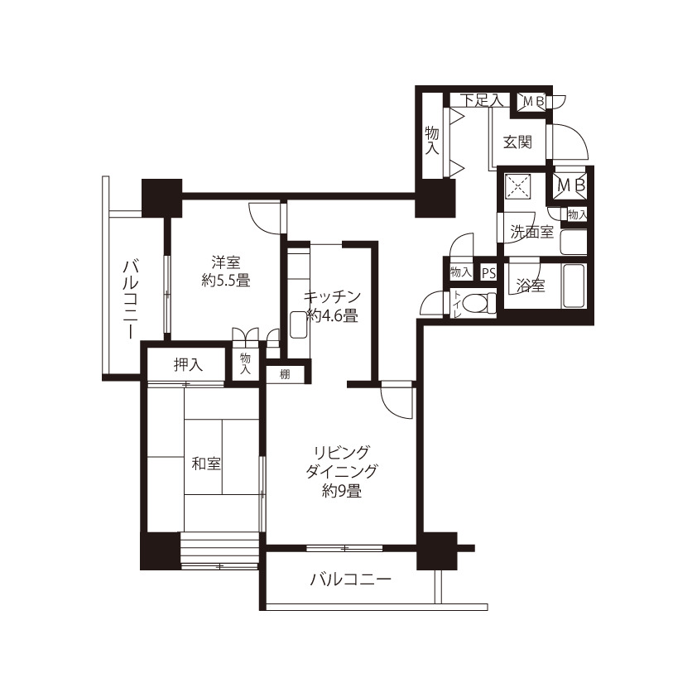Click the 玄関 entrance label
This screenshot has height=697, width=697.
518,142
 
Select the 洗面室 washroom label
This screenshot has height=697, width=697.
531,232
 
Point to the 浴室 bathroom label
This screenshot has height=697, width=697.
531,286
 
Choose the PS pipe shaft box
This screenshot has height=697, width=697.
489,273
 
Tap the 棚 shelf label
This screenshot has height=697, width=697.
285,374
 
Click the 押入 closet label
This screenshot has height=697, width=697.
189,365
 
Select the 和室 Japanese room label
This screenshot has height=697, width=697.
206,464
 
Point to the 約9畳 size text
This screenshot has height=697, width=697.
341,491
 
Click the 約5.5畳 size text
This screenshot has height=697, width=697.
226,281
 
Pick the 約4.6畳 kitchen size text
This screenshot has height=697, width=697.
333,316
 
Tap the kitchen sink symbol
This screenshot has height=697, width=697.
297,324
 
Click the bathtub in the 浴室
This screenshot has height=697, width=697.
574,286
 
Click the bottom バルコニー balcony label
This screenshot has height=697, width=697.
351,579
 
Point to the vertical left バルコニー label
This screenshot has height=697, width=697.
131,300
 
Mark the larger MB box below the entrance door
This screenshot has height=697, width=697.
570,185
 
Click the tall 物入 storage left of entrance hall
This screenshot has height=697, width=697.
432,140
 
